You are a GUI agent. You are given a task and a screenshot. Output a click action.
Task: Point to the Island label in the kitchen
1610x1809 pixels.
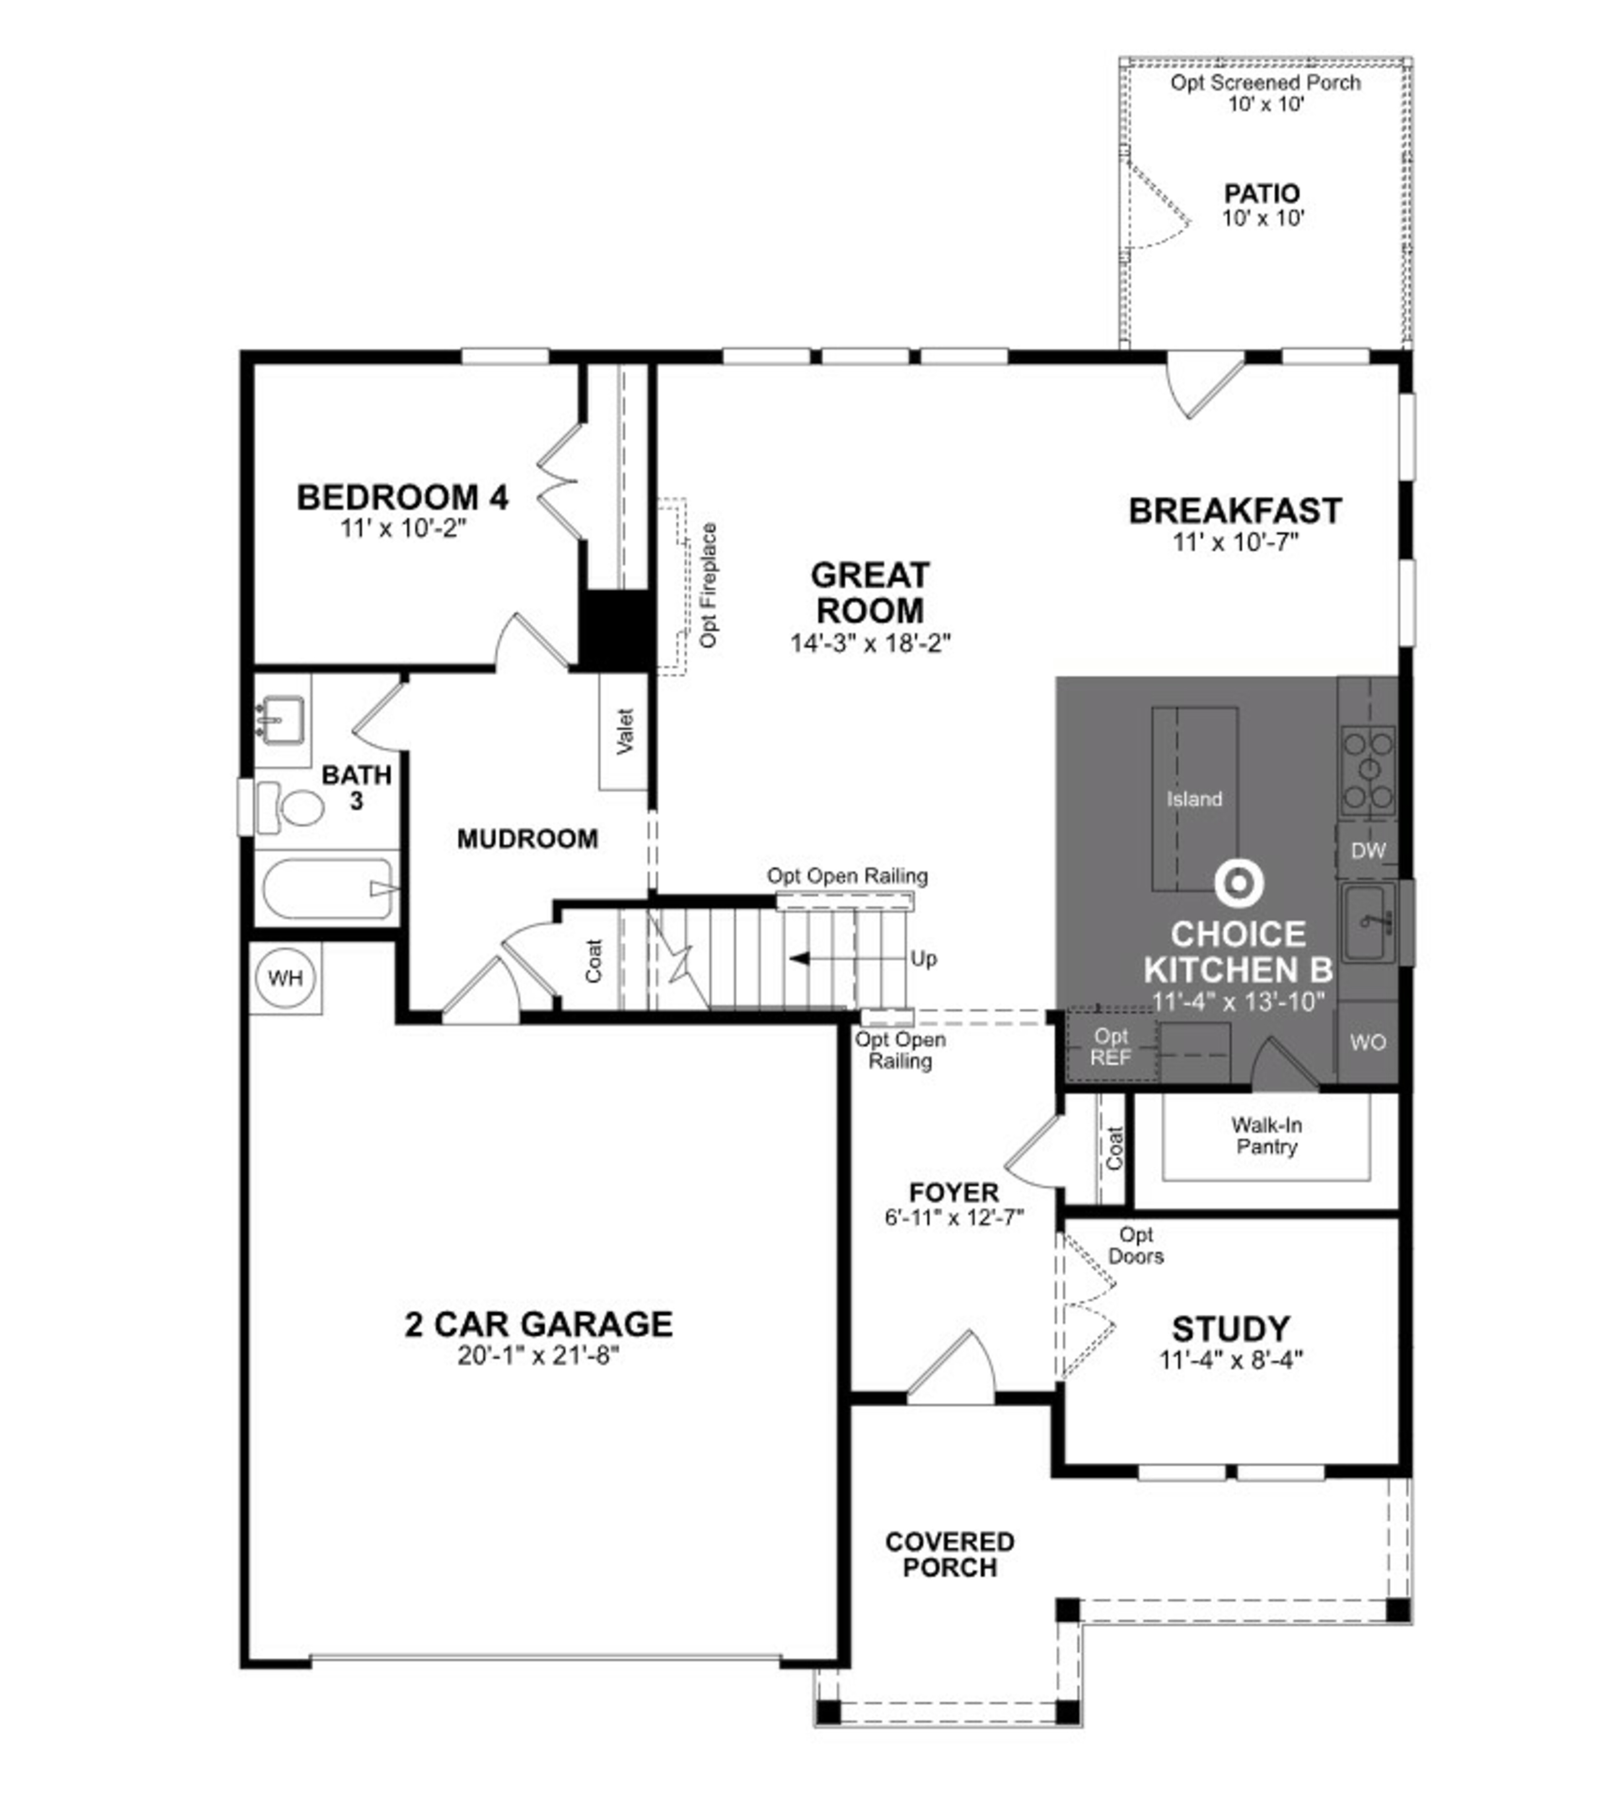coord(1194,799)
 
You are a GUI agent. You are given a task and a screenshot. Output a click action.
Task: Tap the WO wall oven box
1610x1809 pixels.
coord(1368,1043)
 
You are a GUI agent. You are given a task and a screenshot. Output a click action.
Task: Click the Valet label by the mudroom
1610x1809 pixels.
coord(625,731)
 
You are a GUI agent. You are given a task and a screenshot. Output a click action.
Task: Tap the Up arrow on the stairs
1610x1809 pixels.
coord(801,958)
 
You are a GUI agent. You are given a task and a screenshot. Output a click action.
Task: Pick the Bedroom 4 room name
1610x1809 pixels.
coord(403,497)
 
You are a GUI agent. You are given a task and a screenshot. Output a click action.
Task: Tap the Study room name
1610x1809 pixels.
coord(1230,1329)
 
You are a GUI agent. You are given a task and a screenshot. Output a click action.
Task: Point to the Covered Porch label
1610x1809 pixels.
coord(950,1555)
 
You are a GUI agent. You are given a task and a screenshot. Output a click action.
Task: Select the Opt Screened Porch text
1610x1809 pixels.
coord(1266,82)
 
